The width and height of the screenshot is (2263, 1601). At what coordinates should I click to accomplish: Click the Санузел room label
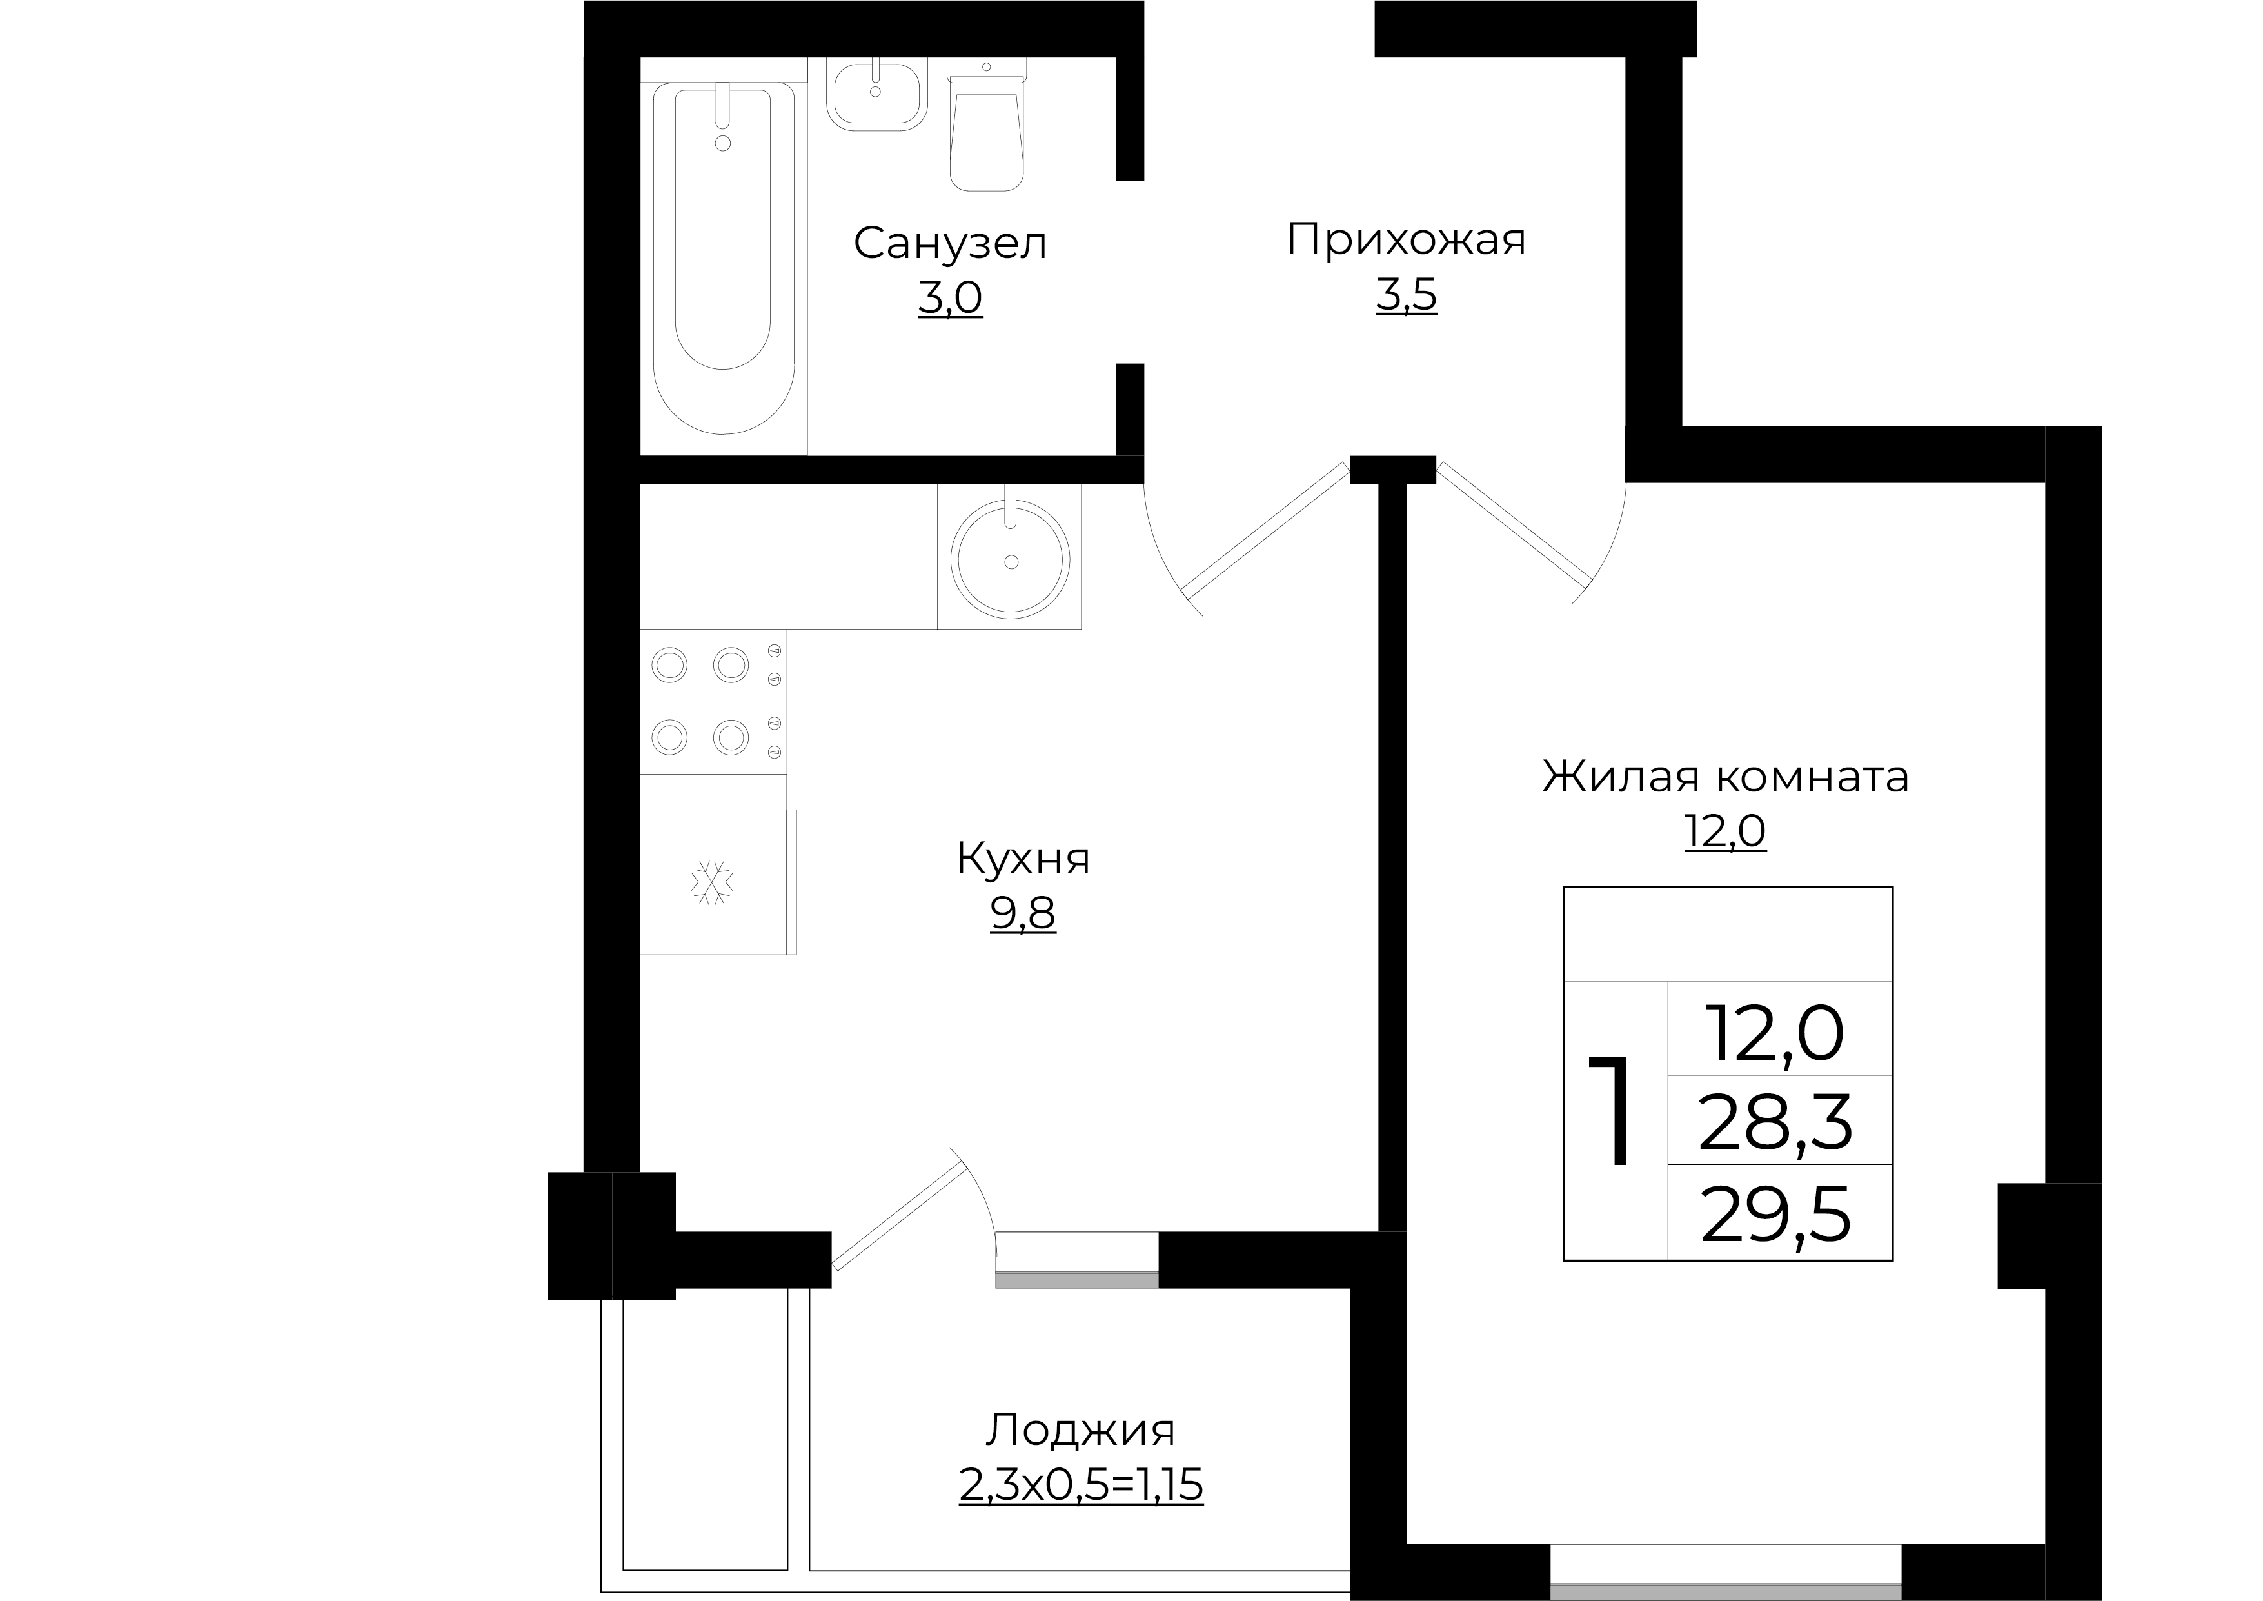pos(949,243)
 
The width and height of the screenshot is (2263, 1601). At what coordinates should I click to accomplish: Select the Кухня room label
pos(1023,859)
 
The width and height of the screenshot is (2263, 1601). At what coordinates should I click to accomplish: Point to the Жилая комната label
pos(1725,777)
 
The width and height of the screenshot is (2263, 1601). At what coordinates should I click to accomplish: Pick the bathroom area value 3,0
pos(950,298)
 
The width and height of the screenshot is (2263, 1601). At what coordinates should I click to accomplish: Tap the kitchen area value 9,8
pos(1023,914)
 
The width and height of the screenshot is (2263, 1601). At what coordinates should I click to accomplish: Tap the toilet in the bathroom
pos(985,128)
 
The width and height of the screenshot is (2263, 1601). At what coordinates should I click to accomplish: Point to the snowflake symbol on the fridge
pos(711,882)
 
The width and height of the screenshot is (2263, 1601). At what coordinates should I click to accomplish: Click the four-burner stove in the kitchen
pos(713,702)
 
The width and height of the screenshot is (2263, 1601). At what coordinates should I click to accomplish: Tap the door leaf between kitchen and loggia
pos(899,1215)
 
